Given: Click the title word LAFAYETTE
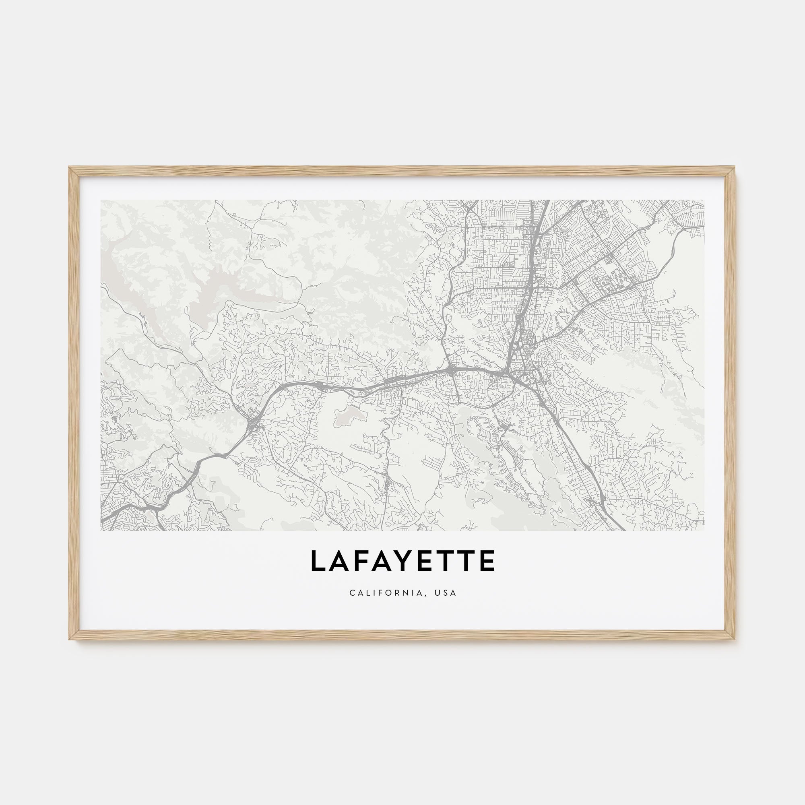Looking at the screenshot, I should tap(402, 561).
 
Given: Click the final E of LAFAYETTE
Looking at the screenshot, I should tap(487, 561).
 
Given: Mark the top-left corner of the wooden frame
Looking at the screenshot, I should tap(69, 167).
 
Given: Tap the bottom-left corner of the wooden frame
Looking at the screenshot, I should tap(69, 640).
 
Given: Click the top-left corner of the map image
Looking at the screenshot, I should tap(101, 200).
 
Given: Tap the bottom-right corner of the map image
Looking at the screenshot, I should tap(704, 530).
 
